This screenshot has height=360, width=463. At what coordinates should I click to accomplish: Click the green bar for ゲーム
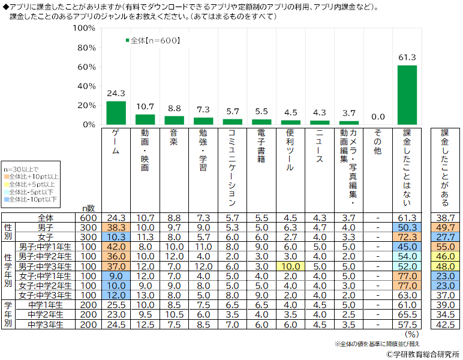tap(116, 113)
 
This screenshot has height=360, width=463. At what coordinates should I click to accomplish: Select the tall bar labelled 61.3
tap(407, 95)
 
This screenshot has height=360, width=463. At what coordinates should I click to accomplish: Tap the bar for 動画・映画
tap(145, 119)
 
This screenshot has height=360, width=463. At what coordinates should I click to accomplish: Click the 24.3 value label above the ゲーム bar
tap(116, 94)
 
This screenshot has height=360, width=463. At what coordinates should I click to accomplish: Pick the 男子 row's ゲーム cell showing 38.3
tap(116, 227)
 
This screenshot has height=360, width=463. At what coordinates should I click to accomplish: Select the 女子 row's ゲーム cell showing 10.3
tap(116, 237)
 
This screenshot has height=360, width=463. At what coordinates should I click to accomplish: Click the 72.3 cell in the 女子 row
tap(407, 237)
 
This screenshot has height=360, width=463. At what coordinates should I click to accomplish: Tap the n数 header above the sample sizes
tap(88, 207)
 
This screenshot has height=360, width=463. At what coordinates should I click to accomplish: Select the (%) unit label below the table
tap(411, 334)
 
